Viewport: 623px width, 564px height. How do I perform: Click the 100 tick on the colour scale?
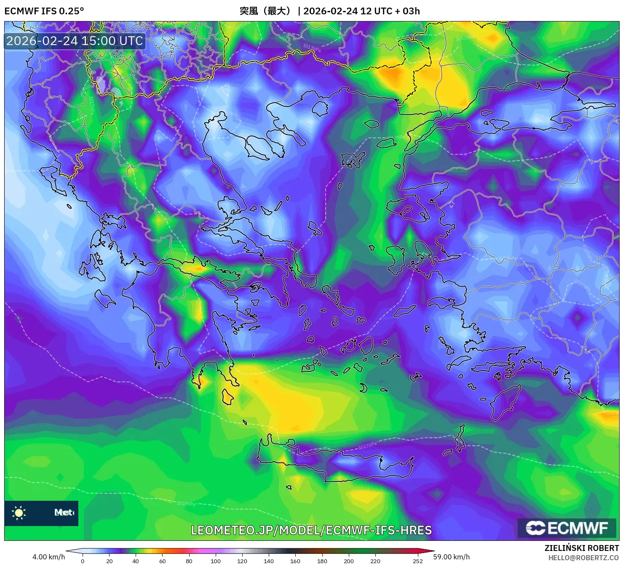click(216, 561)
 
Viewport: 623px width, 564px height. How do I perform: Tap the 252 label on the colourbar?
click(417, 561)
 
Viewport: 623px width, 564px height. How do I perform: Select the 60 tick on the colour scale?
click(163, 561)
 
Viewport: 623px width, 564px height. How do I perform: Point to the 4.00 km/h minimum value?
click(49, 557)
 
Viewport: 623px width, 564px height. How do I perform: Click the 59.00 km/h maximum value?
click(451, 557)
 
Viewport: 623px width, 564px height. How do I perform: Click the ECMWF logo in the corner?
click(567, 528)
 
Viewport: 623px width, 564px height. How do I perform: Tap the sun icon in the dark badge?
click(19, 513)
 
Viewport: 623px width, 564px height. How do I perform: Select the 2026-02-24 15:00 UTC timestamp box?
click(75, 41)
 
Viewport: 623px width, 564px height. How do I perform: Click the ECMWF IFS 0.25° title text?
click(44, 11)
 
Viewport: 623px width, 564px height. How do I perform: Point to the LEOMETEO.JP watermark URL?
click(311, 530)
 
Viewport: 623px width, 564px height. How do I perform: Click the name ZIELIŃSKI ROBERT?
click(582, 548)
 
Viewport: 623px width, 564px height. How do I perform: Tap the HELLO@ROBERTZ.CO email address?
click(583, 558)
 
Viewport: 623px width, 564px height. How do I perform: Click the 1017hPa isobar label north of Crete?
click(368, 446)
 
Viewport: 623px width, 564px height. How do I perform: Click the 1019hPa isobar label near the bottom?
click(186, 503)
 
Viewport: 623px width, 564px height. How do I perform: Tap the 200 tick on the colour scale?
click(349, 561)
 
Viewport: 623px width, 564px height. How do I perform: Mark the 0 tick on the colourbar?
click(83, 561)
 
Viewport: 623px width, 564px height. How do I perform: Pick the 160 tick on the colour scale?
click(295, 561)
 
